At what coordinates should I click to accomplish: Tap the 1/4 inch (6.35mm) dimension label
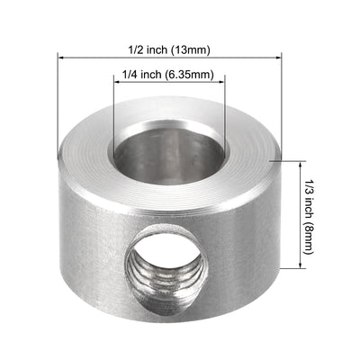point(168,76)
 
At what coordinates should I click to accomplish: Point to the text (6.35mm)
point(193,76)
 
